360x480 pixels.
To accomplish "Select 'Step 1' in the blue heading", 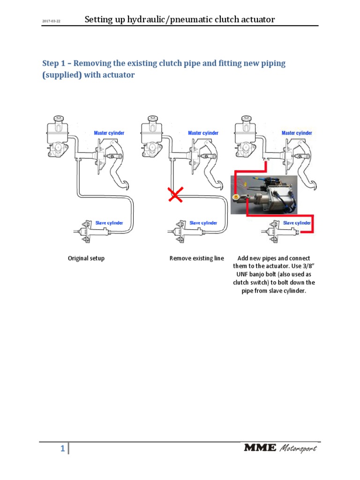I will pyautogui.click(x=54, y=63).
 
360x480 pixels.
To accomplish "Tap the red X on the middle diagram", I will pyautogui.click(x=176, y=194).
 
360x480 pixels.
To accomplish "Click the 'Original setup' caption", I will pyautogui.click(x=86, y=258).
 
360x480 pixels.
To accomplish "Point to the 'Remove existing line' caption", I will pyautogui.click(x=197, y=258).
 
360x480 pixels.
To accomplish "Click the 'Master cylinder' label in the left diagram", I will pyautogui.click(x=109, y=133).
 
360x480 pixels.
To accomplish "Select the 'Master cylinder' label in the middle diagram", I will pyautogui.click(x=203, y=133).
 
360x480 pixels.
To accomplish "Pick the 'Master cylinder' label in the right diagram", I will pyautogui.click(x=297, y=133).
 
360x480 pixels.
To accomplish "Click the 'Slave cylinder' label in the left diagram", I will pyautogui.click(x=109, y=223).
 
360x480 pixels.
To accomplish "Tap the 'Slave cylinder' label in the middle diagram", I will pyautogui.click(x=203, y=223).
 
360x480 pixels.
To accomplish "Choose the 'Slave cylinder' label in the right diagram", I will pyautogui.click(x=297, y=223).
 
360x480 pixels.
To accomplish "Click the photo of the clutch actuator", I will pyautogui.click(x=263, y=195).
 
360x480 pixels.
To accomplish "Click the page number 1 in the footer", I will pyautogui.click(x=62, y=450).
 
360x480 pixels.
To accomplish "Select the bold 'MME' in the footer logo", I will pyautogui.click(x=260, y=448).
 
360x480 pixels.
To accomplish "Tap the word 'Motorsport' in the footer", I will pyautogui.click(x=299, y=449).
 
